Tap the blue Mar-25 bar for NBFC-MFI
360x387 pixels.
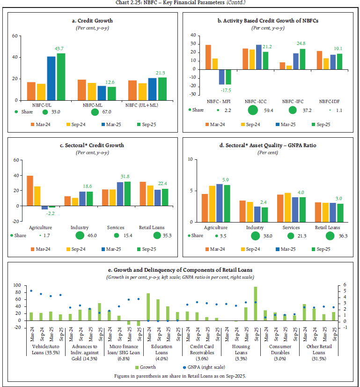tap(222, 77)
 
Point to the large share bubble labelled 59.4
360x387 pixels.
tap(253, 110)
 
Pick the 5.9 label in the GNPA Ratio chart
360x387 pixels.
tap(226, 180)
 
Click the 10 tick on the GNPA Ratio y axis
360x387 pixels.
tap(190, 160)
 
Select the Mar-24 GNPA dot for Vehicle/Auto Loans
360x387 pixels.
tap(31, 291)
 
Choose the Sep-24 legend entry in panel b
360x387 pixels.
tap(249, 125)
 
